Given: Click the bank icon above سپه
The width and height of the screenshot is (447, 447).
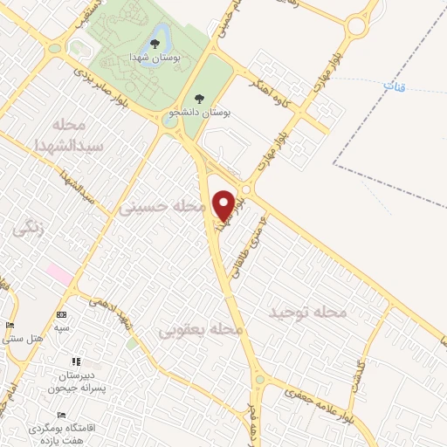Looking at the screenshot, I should tap(60, 314).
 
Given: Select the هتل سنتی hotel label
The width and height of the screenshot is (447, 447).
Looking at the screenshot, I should tap(22, 338).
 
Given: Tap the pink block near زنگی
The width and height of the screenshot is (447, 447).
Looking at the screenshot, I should tap(58, 273).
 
